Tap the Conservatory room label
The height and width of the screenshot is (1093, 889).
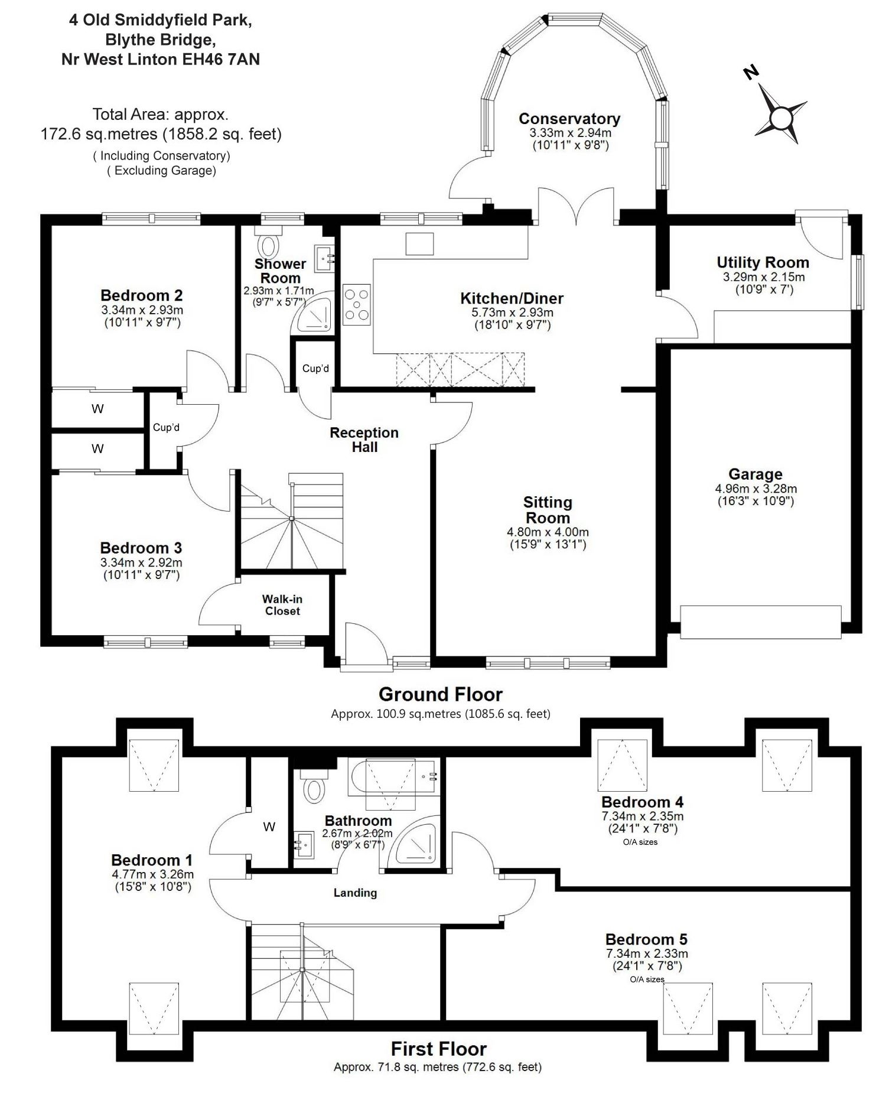(x=569, y=119)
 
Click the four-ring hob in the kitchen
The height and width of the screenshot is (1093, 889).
(x=357, y=304)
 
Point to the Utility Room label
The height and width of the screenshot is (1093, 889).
(x=763, y=262)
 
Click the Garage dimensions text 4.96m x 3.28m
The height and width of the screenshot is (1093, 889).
(x=756, y=489)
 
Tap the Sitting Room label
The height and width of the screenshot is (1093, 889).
(x=548, y=510)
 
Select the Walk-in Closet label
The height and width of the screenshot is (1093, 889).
(x=282, y=605)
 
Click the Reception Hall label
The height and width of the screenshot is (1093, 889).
(x=364, y=440)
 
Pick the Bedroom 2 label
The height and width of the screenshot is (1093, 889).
(x=142, y=295)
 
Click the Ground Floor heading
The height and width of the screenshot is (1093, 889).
(x=440, y=694)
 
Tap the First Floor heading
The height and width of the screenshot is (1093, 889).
(x=439, y=1049)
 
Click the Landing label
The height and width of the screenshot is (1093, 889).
(x=355, y=893)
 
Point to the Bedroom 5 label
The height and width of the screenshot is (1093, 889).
(x=646, y=939)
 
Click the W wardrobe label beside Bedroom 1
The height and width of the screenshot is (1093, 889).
(x=269, y=827)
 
